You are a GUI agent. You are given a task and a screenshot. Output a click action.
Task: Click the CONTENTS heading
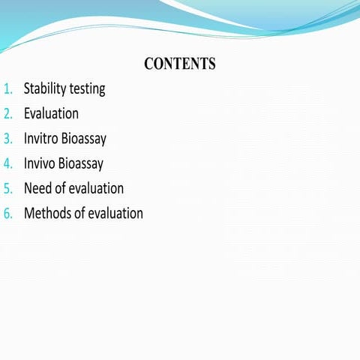click(x=180, y=64)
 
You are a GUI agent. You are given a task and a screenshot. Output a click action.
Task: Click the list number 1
click(x=8, y=89)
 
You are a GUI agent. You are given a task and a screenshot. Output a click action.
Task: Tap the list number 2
click(x=8, y=114)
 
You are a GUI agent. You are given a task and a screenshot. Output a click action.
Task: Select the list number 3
click(x=8, y=139)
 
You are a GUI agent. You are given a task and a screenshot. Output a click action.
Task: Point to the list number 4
click(x=8, y=163)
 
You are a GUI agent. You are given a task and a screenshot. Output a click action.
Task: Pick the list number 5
click(x=8, y=188)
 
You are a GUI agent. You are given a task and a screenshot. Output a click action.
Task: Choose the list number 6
click(x=8, y=213)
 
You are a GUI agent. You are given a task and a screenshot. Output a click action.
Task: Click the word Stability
click(x=46, y=88)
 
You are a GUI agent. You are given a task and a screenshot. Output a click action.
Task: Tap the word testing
click(x=88, y=89)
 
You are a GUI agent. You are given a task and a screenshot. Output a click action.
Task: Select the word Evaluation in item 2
click(x=51, y=114)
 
